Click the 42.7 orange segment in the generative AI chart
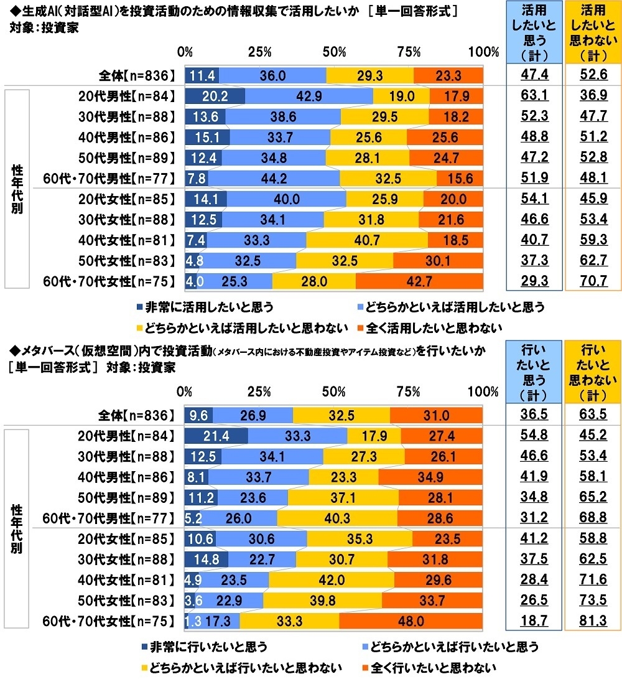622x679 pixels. [419, 281]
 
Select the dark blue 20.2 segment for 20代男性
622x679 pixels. [215, 96]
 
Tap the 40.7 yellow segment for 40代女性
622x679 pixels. [367, 240]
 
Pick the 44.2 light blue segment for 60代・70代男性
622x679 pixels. [274, 178]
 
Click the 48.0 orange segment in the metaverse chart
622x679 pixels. [411, 621]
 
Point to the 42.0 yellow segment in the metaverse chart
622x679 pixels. [331, 580]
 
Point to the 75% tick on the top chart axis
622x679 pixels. [409, 52]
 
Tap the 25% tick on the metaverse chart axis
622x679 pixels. [259, 392]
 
